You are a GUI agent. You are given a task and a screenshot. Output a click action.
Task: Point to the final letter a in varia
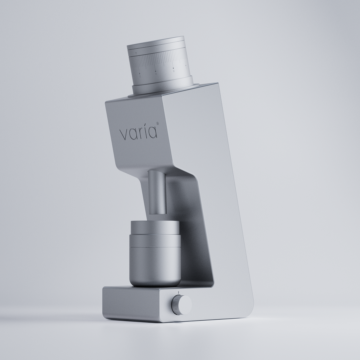tap(152, 133)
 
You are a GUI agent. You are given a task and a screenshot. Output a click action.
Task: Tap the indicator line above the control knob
tap(179, 292)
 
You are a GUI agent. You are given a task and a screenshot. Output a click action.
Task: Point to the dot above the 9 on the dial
tap(156, 71)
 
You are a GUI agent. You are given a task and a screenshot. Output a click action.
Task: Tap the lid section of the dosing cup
tap(155, 233)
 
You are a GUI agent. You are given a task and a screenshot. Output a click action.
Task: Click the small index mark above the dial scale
tap(136, 53)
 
